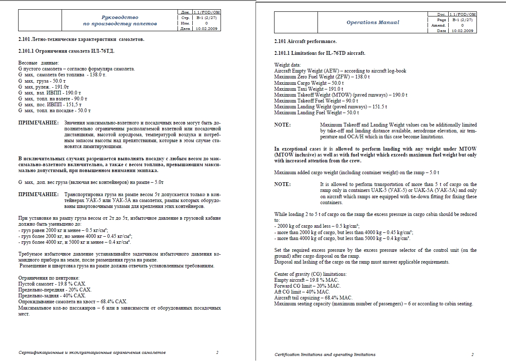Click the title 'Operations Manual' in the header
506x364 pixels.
[x=373, y=22]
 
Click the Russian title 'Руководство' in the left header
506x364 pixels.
[x=120, y=17]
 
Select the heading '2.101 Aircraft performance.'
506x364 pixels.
[x=305, y=41]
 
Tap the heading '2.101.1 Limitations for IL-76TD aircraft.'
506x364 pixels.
[x=320, y=53]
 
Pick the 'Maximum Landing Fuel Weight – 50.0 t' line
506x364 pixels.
[x=316, y=113]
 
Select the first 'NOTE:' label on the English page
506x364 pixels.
[x=282, y=125]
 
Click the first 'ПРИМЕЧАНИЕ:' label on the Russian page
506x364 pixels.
[x=38, y=123]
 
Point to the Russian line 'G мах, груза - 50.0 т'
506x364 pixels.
[x=42, y=81]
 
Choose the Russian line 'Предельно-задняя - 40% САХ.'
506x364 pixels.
[x=52, y=296]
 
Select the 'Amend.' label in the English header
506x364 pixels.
[x=439, y=25]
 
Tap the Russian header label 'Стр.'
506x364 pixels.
[x=185, y=18]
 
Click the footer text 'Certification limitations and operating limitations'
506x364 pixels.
[x=325, y=355]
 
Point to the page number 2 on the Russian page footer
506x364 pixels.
[x=217, y=352]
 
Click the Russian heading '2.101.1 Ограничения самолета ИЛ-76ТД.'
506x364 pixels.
[x=67, y=51]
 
